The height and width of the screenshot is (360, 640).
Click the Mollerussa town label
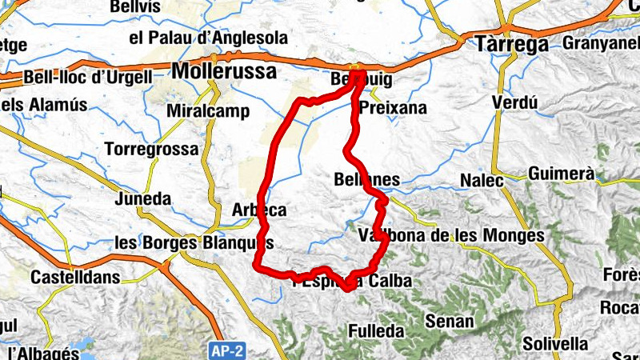pyautogui.click(x=225, y=71)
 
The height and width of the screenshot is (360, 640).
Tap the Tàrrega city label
pyautogui.click(x=512, y=44)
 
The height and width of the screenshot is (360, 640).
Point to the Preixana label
pyautogui.click(x=394, y=108)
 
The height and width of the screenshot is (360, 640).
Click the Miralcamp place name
pyautogui.click(x=208, y=111)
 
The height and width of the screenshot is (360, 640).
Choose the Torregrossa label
pyautogui.click(x=151, y=150)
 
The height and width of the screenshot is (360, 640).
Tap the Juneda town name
pyautogui.click(x=143, y=198)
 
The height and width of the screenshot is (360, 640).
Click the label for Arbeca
pyautogui.click(x=258, y=210)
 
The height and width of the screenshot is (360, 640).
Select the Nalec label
pyautogui.click(x=482, y=181)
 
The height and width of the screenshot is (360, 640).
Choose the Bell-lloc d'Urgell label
pyautogui.click(x=89, y=78)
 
